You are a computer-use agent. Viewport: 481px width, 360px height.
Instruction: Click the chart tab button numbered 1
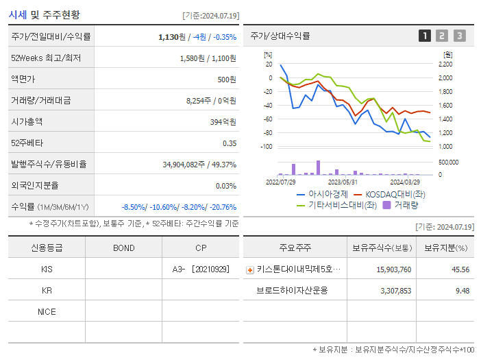coord(425,36)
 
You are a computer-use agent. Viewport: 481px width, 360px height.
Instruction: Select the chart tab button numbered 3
coord(459,36)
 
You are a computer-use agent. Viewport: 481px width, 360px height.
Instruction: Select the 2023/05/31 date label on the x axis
coord(343,182)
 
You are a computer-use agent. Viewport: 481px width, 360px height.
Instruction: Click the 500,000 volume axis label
coord(449,163)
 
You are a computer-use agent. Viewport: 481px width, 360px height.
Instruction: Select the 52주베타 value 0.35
coord(230,143)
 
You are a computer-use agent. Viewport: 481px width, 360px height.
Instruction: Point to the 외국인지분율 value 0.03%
coord(226,185)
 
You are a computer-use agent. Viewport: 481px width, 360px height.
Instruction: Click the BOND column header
coord(123,248)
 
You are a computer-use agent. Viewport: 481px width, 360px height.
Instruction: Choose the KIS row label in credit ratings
coord(47,269)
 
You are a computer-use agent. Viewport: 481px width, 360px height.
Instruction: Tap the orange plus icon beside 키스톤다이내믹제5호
coord(250,270)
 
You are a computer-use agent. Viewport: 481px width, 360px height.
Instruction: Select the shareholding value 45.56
coord(460,269)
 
